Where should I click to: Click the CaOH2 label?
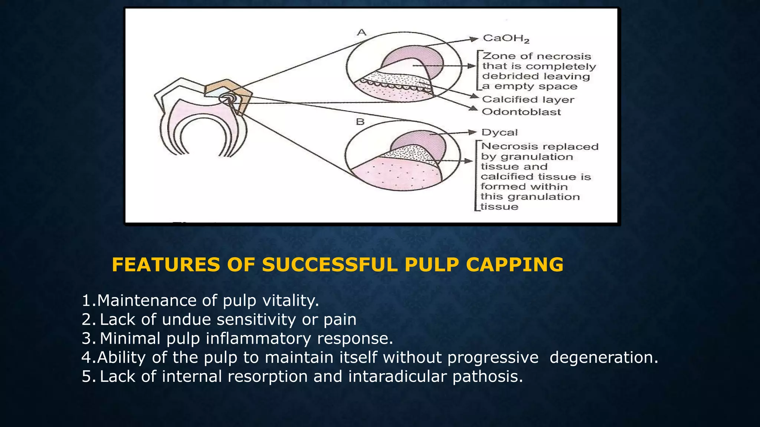point(506,39)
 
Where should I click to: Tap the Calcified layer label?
point(528,99)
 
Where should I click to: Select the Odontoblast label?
point(521,112)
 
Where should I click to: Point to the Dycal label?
point(499,132)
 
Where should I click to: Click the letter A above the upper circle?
point(361,33)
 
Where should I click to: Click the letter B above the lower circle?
point(360,122)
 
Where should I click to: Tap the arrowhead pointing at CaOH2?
point(474,39)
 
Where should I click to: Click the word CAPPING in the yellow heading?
point(515,265)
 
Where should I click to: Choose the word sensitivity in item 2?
point(256,320)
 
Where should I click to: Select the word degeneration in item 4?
point(603,357)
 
